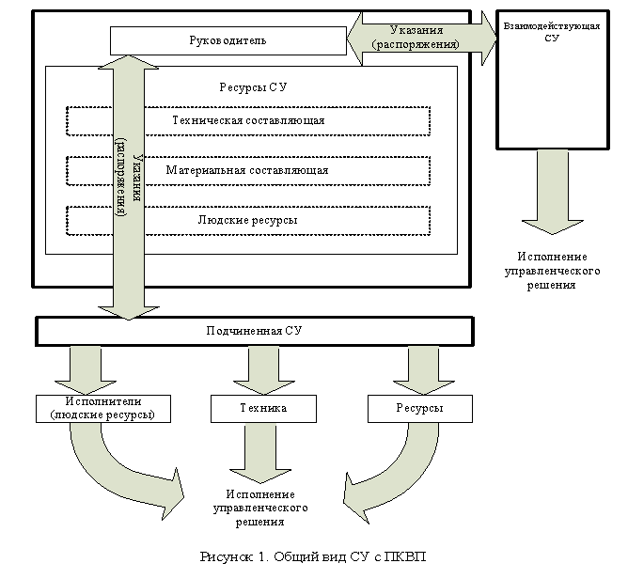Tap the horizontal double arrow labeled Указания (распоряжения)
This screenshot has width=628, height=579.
(422, 39)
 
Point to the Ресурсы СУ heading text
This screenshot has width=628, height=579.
(252, 86)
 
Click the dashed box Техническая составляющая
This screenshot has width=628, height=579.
(248, 121)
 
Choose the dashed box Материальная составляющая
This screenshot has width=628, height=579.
(248, 171)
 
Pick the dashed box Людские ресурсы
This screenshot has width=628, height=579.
(248, 220)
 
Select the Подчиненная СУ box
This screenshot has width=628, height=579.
(254, 331)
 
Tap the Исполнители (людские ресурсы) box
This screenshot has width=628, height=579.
(103, 409)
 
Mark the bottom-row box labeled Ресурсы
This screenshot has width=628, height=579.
(419, 409)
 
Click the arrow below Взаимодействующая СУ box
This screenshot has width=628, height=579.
(552, 193)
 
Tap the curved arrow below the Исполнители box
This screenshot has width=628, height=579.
(132, 470)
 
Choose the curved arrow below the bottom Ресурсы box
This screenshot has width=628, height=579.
(385, 475)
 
